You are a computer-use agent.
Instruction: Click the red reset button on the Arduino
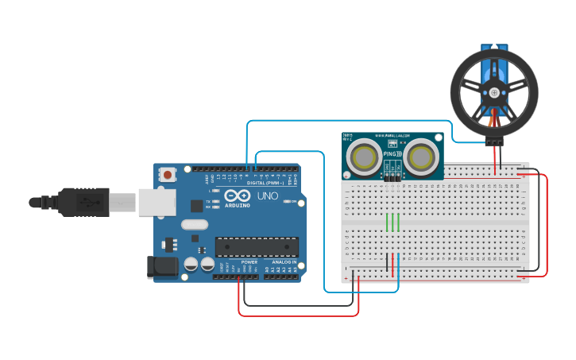tap(168, 174)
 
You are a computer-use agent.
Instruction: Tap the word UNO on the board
tap(267, 195)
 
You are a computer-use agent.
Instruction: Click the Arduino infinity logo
tap(237, 195)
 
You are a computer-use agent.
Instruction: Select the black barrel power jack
tap(163, 266)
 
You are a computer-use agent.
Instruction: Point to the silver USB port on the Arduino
tap(157, 202)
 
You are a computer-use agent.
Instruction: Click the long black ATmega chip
tap(257, 247)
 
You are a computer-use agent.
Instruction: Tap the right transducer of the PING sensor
tap(420, 157)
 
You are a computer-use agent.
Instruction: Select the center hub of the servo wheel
tap(494, 92)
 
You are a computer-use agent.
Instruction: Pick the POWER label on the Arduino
tap(249, 261)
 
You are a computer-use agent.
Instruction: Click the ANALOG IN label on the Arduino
tap(283, 261)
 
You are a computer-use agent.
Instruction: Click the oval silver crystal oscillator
tap(194, 225)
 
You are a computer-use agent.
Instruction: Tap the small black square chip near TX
tap(196, 206)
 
